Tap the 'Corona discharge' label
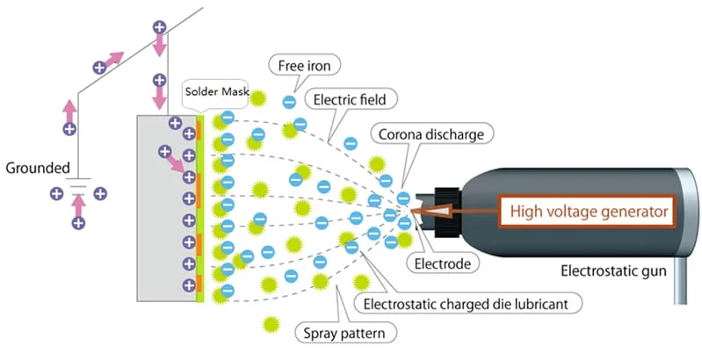[431, 134]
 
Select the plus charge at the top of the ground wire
[159, 27]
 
